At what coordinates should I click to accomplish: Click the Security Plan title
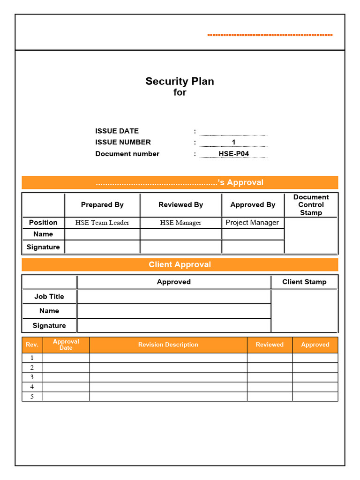(x=180, y=81)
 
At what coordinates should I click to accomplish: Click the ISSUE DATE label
(x=117, y=131)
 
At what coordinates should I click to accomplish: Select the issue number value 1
(x=233, y=142)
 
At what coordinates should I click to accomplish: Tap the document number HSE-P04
(x=233, y=154)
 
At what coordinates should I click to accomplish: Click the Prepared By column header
(x=102, y=205)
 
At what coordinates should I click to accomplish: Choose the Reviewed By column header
(x=180, y=205)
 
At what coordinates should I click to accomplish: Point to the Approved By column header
(x=253, y=205)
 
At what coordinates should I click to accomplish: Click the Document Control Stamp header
(x=311, y=205)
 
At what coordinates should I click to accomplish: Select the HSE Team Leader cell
(x=102, y=223)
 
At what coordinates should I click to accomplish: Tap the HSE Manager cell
(x=180, y=223)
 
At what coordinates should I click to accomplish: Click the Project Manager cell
(x=252, y=223)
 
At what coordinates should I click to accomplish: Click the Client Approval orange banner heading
(x=180, y=264)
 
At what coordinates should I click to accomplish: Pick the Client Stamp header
(x=304, y=282)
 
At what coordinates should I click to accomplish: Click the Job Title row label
(x=49, y=296)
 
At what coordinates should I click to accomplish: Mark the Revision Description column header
(x=168, y=345)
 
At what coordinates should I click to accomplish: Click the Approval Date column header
(x=66, y=345)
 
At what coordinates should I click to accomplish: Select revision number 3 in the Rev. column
(x=32, y=377)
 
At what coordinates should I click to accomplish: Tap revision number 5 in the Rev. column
(x=32, y=397)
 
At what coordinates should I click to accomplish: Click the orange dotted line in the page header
(x=270, y=35)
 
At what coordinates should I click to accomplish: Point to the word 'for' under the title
(x=180, y=93)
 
